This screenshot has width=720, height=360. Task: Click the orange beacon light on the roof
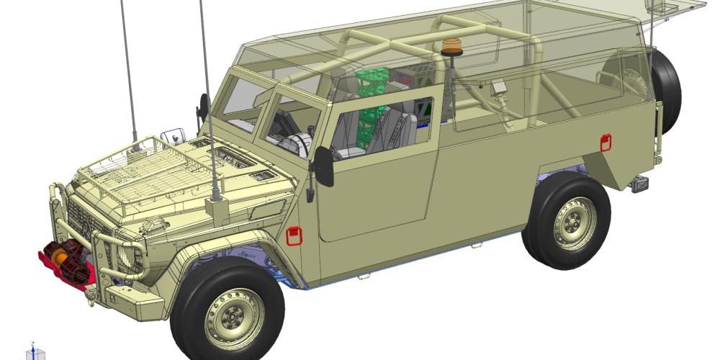452,46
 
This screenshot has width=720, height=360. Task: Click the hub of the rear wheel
575,220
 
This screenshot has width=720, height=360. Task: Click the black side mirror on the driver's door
324,166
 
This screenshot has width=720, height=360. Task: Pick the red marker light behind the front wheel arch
294,235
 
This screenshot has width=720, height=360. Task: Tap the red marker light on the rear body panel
606,143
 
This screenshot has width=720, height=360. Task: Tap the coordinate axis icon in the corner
34,352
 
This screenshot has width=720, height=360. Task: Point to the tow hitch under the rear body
639,184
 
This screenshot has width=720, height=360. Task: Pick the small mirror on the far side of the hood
174,135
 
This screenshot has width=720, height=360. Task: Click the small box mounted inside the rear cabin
499,88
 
